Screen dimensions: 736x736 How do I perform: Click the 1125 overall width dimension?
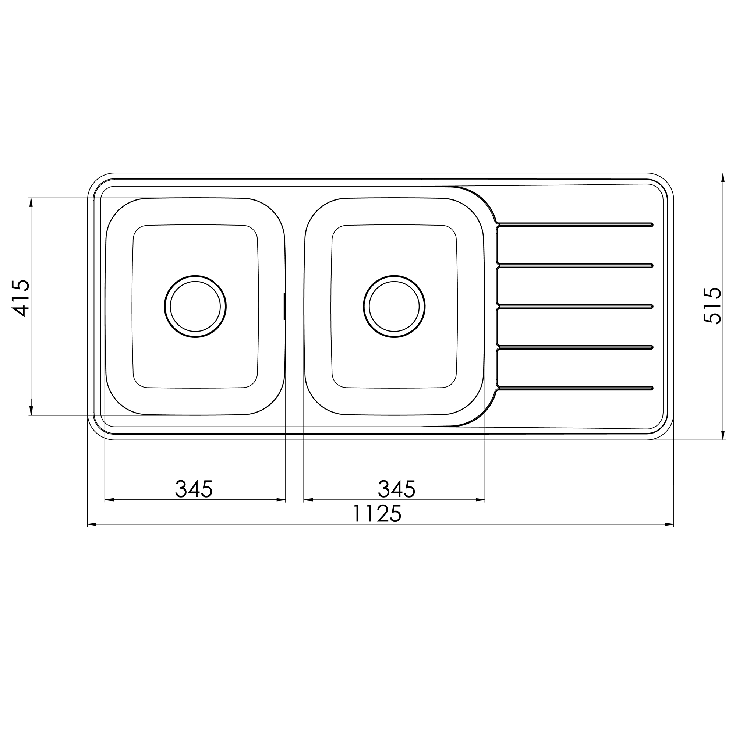tap(377, 513)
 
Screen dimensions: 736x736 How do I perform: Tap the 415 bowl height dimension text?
tap(21, 299)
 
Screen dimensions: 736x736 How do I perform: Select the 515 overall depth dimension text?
tap(712, 305)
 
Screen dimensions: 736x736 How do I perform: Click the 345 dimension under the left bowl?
tap(194, 489)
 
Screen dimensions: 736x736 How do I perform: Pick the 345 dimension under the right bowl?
tap(397, 489)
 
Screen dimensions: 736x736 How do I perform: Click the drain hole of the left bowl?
tap(195, 306)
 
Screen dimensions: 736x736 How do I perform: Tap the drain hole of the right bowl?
tap(394, 306)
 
